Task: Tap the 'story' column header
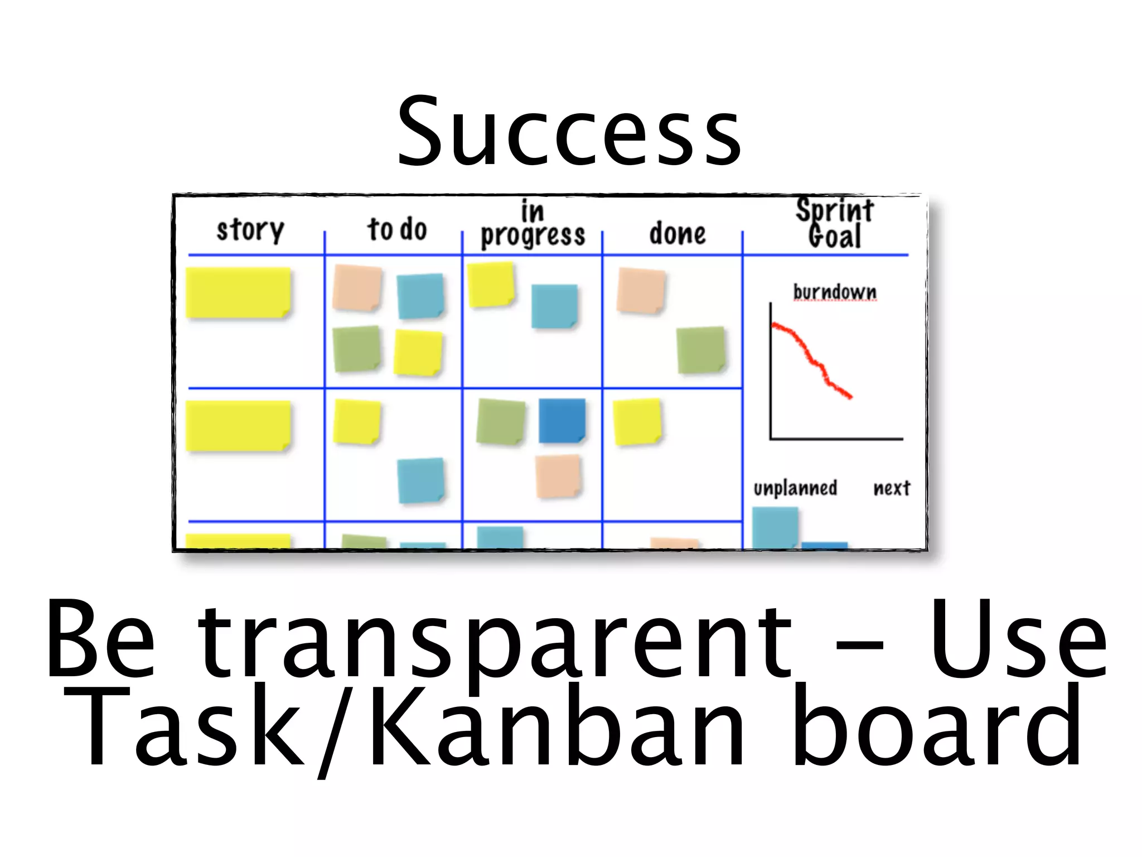[250, 229]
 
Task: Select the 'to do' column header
[397, 229]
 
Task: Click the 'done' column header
[678, 233]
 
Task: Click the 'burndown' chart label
[835, 292]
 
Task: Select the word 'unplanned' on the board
[795, 488]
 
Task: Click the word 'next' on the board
[892, 488]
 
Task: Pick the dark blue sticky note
[562, 421]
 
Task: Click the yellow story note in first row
[238, 293]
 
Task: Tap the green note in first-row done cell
[701, 350]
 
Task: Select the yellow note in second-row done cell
[637, 422]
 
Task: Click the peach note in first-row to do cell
[357, 288]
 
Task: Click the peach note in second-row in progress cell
[558, 476]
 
